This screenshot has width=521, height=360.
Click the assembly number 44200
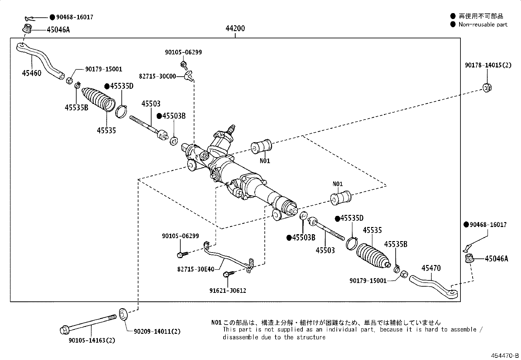tap(235, 28)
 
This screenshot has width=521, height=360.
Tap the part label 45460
tap(32, 73)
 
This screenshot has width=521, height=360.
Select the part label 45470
tap(431, 268)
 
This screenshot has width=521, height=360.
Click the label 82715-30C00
tap(157, 76)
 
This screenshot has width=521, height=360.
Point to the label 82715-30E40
tap(196, 269)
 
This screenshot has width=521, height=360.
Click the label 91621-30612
tap(228, 291)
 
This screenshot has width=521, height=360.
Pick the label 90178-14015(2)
tap(488, 65)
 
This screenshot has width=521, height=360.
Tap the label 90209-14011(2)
tap(157, 332)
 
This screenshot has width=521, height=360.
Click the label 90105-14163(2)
tap(92, 340)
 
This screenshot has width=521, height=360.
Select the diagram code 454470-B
tap(505, 355)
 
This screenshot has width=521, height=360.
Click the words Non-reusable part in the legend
tap(483, 25)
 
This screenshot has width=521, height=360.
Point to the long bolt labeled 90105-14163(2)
tap(88, 324)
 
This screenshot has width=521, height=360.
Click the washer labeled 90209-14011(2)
tap(123, 314)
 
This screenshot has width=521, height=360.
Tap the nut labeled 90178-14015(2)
tap(487, 88)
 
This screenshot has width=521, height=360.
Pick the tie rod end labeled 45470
tap(433, 286)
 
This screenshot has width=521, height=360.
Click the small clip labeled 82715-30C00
tap(189, 76)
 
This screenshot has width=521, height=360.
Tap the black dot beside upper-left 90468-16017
tap(52, 17)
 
